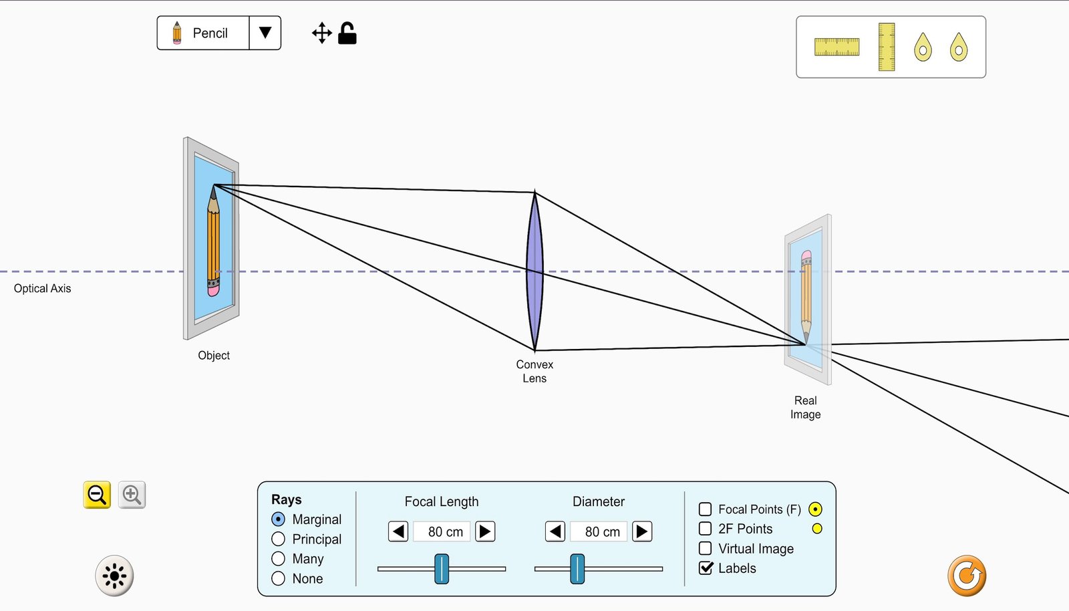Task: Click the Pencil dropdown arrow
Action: [x=265, y=33]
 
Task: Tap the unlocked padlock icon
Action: [x=347, y=33]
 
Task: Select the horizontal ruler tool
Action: [x=836, y=47]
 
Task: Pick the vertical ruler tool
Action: [x=887, y=47]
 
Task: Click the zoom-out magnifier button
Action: [x=97, y=495]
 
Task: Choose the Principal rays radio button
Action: [x=278, y=539]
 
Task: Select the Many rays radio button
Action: [x=278, y=558]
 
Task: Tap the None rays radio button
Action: [x=278, y=578]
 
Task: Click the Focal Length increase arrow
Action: [x=485, y=531]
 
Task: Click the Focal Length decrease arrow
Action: [x=398, y=531]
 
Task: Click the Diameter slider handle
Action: [x=577, y=568]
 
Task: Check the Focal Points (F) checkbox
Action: [x=705, y=509]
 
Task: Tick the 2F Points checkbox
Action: [x=705, y=529]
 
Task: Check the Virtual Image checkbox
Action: [x=705, y=548]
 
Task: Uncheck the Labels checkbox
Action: [x=706, y=568]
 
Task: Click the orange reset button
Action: [x=967, y=576]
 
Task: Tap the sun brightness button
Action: [x=114, y=576]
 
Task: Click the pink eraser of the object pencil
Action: [x=213, y=291]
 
